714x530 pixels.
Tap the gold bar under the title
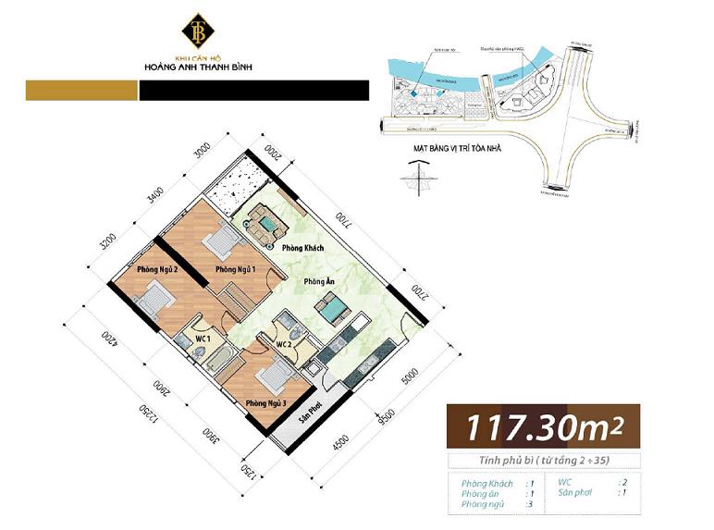coord(81,90)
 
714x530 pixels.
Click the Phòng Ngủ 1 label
coord(236,269)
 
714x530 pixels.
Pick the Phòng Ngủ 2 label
coord(157,269)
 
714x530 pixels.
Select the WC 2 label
coord(286,345)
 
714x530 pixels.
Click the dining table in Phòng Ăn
coord(335,311)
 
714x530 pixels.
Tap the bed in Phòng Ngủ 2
coord(154,300)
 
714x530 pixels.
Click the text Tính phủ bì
coord(490,461)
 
